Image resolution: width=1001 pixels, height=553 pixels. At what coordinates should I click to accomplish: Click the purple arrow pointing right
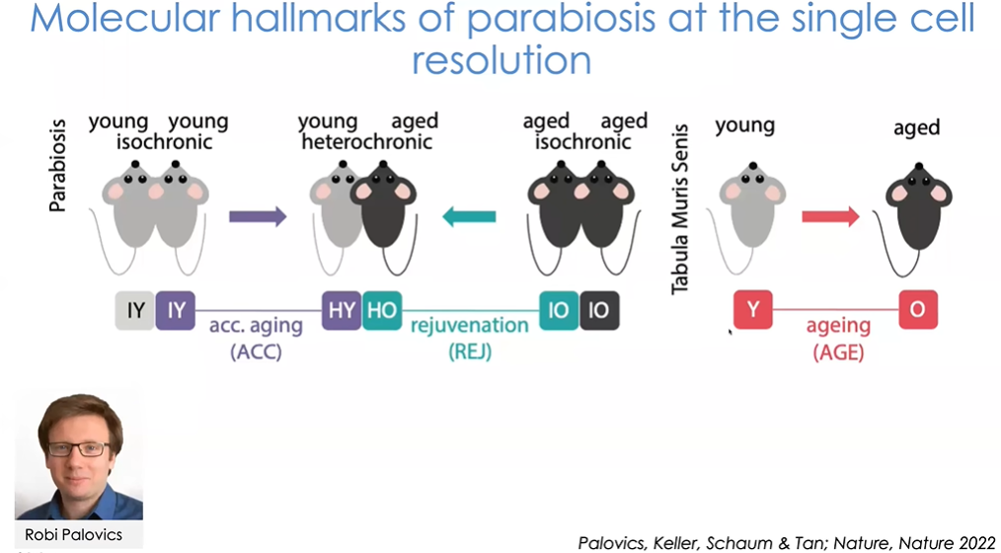(258, 216)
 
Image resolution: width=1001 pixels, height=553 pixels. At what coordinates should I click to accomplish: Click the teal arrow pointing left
(469, 216)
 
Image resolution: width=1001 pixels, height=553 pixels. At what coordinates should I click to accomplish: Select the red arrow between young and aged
(830, 215)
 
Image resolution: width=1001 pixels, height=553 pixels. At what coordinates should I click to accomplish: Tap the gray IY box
(135, 311)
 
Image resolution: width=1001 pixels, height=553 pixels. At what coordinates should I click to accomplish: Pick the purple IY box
(176, 311)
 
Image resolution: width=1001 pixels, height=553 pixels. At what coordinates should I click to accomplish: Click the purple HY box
(342, 311)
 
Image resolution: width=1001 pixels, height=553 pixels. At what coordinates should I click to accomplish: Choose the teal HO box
(381, 311)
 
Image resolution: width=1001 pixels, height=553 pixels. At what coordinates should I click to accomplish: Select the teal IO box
(559, 311)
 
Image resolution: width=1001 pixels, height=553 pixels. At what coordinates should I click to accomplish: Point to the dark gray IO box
(598, 311)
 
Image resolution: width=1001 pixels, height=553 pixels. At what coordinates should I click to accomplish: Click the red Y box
(752, 311)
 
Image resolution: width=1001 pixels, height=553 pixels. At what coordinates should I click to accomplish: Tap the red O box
(917, 311)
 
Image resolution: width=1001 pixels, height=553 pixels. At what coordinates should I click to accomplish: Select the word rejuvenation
(469, 324)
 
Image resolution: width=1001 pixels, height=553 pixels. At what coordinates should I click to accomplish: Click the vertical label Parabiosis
(58, 168)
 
